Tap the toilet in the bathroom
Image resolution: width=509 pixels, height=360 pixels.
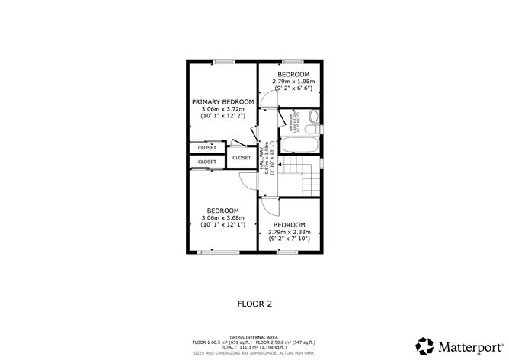click(313, 118)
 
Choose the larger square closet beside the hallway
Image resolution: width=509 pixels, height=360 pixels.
click(241, 156)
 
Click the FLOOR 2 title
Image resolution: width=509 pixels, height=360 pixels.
click(254, 303)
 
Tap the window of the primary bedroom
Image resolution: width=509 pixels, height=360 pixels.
click(223, 61)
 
